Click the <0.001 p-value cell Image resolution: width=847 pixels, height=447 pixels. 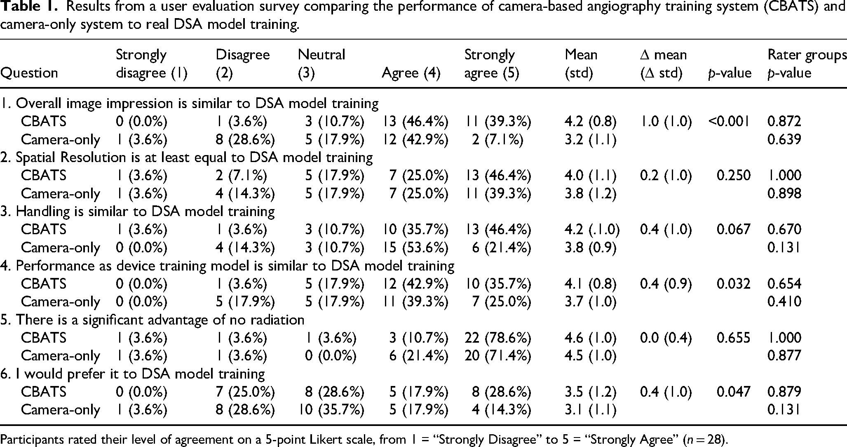pos(729,121)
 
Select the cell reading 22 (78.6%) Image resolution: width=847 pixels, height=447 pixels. pos(498,338)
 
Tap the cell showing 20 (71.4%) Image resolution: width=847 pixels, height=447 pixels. pos(498,355)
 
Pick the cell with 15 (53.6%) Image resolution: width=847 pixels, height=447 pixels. pos(415,247)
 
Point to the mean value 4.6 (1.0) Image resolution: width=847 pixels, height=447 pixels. pos(591,338)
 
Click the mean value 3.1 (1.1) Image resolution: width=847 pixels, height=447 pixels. pos(591,410)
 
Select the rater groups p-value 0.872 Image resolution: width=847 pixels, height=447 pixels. pos(784,121)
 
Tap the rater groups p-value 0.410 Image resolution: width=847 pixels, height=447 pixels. pos(784,301)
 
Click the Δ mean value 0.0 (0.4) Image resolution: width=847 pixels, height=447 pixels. pos(666,338)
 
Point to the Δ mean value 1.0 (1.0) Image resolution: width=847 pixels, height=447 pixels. pos(666,121)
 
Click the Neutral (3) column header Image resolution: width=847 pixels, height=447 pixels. pos(321,64)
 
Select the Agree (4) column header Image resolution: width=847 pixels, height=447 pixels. pos(411,73)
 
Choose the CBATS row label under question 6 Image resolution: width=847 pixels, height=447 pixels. pos(44,392)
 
